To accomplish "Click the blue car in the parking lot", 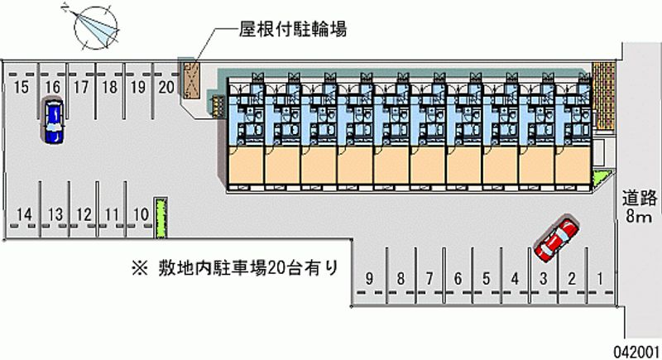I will click(x=53, y=121).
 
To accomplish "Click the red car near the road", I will click(x=556, y=238).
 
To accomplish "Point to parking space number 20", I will click(x=166, y=87).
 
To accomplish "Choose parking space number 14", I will click(x=26, y=215).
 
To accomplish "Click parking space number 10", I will click(x=140, y=215).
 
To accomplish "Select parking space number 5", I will click(x=486, y=278).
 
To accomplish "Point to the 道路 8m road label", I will click(x=638, y=207).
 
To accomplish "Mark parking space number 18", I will click(x=108, y=87).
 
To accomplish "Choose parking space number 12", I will click(x=83, y=215).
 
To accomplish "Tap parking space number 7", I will click(x=429, y=278).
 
